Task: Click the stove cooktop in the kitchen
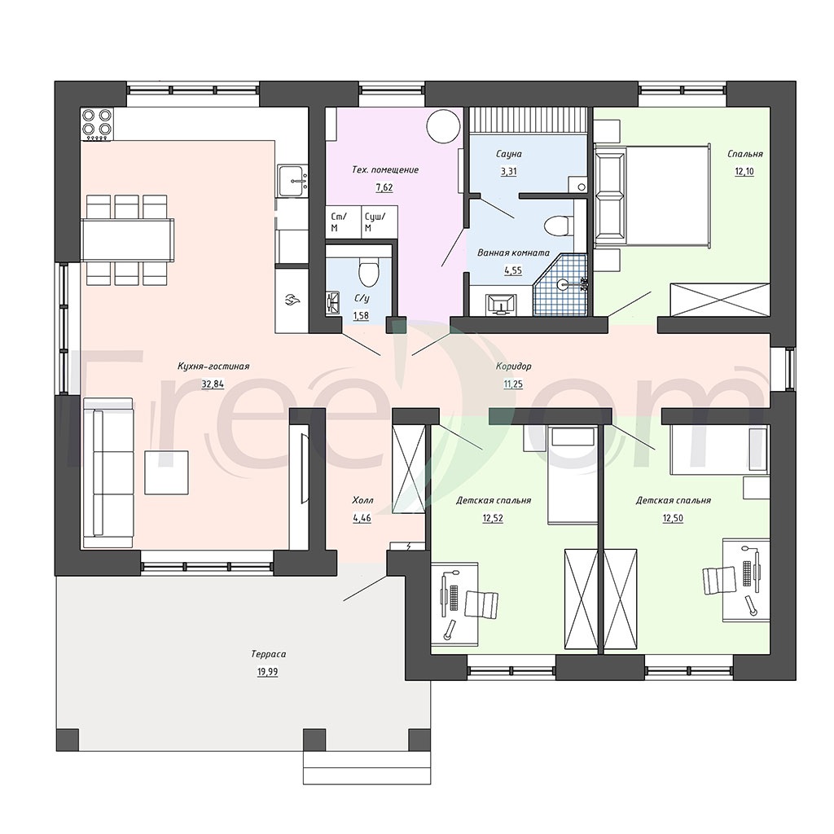97,125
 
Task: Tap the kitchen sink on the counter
292,182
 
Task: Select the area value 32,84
213,384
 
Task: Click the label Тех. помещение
385,169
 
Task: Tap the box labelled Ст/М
343,222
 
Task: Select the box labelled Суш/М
380,222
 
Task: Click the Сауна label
508,154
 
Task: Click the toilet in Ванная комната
558,225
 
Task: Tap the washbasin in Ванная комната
501,305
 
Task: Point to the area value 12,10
744,171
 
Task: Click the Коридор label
513,366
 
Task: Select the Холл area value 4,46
362,518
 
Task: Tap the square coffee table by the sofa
166,472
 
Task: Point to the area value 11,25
513,384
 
